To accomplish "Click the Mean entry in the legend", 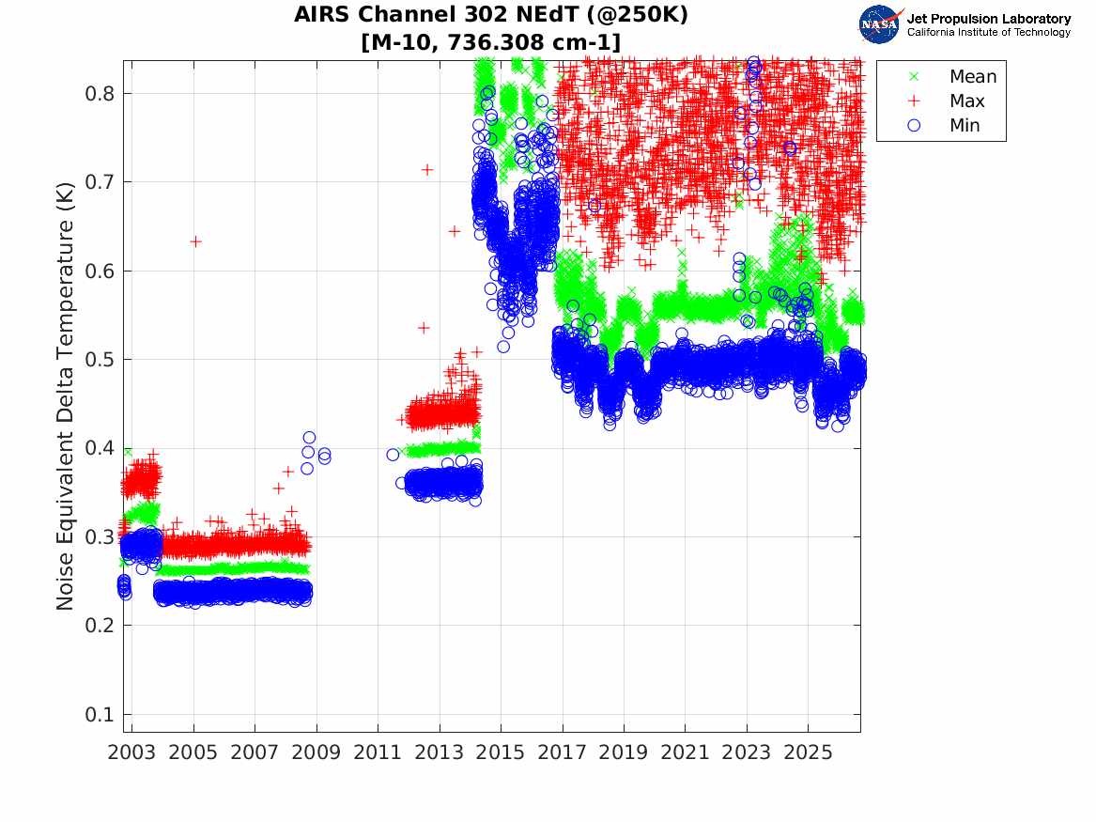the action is (955, 76).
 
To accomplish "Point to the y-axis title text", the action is (64, 396).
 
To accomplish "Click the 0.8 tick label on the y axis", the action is (100, 94).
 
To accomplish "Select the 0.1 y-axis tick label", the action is (100, 714).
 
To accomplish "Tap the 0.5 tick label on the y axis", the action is (100, 359).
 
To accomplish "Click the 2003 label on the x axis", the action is (131, 752).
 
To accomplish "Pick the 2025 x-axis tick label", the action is (808, 752).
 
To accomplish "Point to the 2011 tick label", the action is (378, 752).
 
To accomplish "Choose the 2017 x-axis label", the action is (562, 752).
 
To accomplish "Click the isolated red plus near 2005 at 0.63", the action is (195, 241).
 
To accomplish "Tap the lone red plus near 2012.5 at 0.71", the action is (427, 169).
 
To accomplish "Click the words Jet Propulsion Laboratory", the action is (989, 19).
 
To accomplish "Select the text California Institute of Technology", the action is (989, 32).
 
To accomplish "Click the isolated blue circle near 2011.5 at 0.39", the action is (393, 455).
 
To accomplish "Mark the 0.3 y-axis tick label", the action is (100, 536).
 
